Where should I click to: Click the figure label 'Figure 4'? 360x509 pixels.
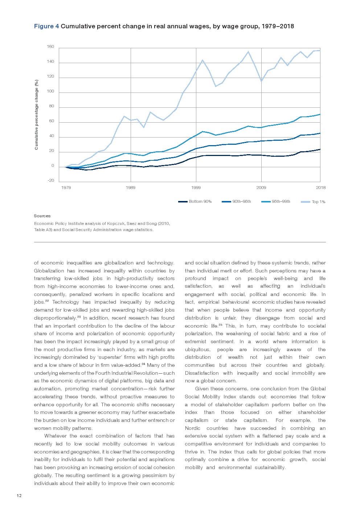(x=46, y=26)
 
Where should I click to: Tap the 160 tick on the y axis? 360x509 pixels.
(x=50, y=47)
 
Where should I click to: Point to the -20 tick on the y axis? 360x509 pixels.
(x=50, y=180)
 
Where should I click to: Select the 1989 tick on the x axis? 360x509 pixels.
(x=131, y=188)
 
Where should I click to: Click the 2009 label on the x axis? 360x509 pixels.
(x=261, y=188)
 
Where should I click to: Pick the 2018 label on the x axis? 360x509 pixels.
(x=320, y=188)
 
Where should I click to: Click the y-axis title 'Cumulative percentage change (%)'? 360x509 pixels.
(x=36, y=115)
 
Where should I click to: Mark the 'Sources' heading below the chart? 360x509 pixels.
(x=42, y=216)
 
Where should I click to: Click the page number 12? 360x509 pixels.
(x=19, y=496)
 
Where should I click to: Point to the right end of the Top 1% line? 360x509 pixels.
(x=320, y=50)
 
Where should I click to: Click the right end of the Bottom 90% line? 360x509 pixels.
(x=320, y=149)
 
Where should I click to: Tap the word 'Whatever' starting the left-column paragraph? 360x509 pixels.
(x=55, y=436)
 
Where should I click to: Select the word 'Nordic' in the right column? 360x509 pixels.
(x=192, y=428)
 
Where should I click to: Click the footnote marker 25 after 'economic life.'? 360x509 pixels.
(x=220, y=325)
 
